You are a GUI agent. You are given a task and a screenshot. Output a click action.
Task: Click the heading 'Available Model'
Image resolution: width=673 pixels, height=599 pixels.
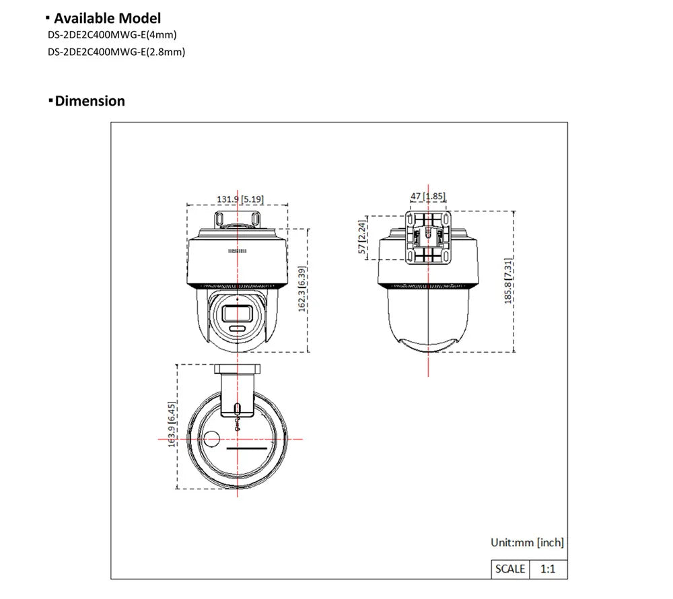pos(107,18)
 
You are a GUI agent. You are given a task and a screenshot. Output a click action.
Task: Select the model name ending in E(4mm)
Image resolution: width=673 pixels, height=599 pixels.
pos(112,35)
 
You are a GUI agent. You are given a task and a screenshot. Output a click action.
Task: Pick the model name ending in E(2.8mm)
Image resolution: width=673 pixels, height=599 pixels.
pos(116,52)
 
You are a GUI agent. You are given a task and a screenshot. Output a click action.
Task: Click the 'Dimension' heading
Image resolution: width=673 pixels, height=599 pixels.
pos(90,101)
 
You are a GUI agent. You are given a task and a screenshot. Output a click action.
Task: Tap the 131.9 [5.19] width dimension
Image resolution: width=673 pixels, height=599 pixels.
pos(240,199)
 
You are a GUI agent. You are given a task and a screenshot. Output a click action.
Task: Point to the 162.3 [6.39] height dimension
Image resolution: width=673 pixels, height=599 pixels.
pos(302,289)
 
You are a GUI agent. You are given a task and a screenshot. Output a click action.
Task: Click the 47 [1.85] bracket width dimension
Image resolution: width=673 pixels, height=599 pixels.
pos(428,197)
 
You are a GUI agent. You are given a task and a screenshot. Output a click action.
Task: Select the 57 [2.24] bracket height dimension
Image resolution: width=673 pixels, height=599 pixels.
pos(363,237)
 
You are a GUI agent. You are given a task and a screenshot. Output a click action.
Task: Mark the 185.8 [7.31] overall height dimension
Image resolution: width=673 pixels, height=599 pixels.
pos(507,281)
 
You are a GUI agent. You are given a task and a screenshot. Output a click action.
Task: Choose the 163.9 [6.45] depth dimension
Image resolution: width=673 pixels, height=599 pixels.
pos(172,425)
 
